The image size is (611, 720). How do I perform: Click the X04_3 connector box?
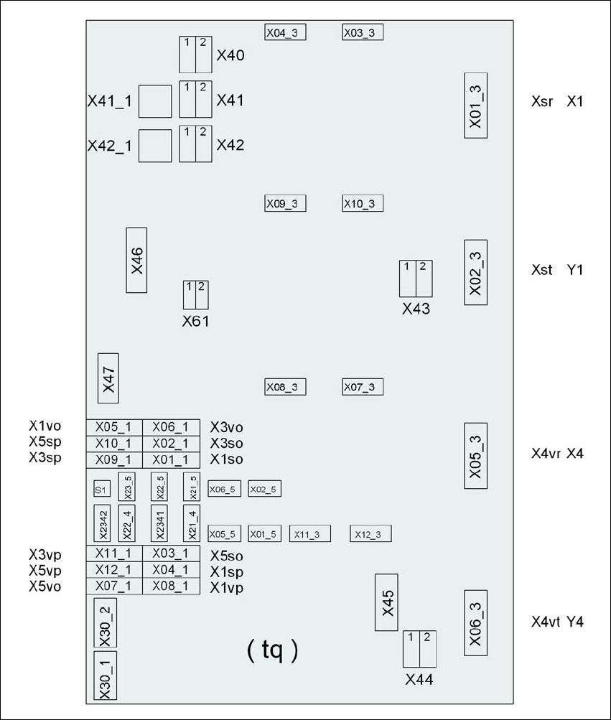[285, 32]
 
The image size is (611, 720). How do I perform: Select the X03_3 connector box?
[363, 32]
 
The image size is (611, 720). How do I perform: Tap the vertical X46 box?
[136, 260]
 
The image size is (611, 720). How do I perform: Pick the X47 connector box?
[108, 378]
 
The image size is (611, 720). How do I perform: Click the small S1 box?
[102, 489]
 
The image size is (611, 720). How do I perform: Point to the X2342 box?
[102, 523]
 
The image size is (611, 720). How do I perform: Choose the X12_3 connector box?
[370, 534]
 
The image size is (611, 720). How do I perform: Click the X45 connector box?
[386, 602]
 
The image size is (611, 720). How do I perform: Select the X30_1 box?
[106, 675]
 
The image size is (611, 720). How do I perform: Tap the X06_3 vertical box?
[476, 622]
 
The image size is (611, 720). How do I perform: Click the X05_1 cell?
[114, 428]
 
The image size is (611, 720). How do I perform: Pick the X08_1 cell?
[172, 586]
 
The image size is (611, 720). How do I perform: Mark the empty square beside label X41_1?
[155, 101]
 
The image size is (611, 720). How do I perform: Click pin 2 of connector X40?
[203, 55]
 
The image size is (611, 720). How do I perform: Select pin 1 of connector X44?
[411, 649]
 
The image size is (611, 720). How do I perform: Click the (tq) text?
[273, 650]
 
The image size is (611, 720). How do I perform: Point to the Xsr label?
[543, 101]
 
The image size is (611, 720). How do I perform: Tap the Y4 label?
[575, 622]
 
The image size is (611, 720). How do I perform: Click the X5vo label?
[45, 586]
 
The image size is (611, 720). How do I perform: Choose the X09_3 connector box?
[285, 203]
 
